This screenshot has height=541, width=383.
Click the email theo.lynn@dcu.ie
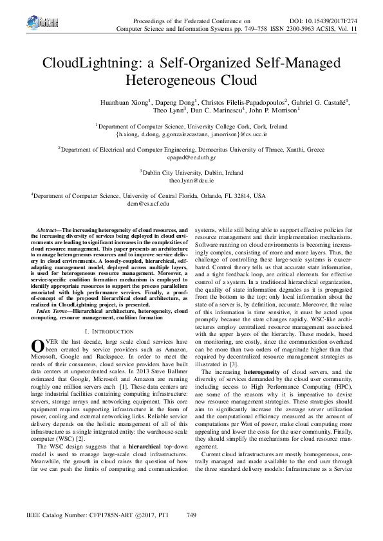tap(191, 182)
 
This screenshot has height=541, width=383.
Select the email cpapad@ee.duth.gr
tap(191, 157)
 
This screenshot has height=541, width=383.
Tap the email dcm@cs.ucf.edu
tap(148, 204)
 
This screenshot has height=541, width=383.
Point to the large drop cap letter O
tap(37, 345)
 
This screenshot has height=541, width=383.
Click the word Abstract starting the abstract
tap(48, 229)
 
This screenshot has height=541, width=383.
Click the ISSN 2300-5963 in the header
tap(290, 29)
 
